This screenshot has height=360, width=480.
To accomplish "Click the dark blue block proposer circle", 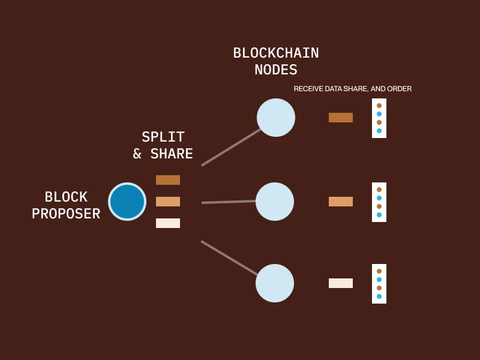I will [127, 202].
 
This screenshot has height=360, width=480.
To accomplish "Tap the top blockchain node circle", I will [276, 118].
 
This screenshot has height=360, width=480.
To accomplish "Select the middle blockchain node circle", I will [275, 202].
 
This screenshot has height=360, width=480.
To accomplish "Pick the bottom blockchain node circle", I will [275, 283].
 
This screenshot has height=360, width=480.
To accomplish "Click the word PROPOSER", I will [66, 214].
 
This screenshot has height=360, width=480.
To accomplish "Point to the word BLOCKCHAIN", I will [276, 53].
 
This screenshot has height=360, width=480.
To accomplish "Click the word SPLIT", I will [163, 137].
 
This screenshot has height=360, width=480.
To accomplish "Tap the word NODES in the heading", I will [276, 70].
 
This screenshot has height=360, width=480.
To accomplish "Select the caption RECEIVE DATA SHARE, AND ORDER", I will [353, 89].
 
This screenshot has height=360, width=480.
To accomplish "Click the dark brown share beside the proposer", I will [168, 180].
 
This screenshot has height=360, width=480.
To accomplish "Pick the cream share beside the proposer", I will [168, 223].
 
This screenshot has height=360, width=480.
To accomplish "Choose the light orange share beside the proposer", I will [168, 202].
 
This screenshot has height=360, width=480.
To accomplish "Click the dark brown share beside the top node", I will [341, 118].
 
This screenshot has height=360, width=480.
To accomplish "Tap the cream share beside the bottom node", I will [341, 283].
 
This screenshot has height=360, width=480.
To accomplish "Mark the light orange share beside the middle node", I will [341, 202].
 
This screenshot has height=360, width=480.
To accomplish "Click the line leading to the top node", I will [231, 148].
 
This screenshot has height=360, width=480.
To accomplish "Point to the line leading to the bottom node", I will [229, 258].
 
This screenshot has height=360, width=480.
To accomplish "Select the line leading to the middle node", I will [229, 202].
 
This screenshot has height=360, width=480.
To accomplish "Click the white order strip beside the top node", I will [379, 118].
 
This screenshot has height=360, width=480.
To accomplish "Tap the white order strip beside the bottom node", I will [379, 284].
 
